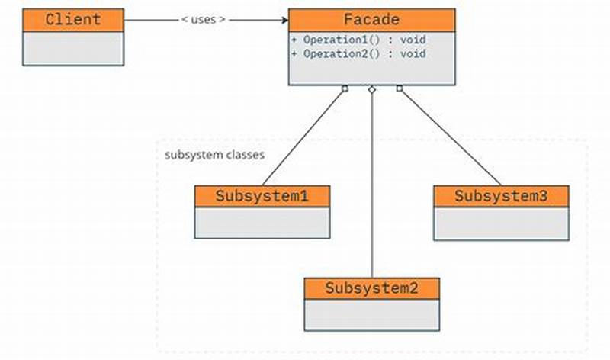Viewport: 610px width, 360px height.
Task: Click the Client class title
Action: (73, 20)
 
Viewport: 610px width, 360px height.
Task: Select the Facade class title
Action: (371, 20)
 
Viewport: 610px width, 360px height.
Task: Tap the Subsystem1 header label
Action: (262, 196)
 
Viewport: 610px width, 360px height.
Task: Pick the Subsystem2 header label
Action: (371, 288)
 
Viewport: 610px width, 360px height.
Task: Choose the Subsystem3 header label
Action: (501, 196)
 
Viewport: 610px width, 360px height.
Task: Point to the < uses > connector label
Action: (204, 20)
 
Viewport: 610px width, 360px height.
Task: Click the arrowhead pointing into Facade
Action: (283, 20)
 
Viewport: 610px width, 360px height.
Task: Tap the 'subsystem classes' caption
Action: (214, 155)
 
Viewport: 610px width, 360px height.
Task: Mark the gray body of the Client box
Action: (73, 48)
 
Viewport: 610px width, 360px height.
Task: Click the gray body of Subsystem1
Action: (262, 223)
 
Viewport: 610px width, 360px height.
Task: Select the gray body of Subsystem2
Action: (371, 315)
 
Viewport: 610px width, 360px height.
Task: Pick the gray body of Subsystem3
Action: (501, 223)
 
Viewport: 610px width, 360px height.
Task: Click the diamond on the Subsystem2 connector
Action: (371, 90)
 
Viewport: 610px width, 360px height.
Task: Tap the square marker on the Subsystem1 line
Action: (345, 88)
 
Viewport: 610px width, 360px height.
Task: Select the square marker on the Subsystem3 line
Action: (399, 88)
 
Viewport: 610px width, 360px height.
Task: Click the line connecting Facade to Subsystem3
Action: (450, 137)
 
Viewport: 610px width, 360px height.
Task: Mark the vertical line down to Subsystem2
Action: (371, 191)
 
